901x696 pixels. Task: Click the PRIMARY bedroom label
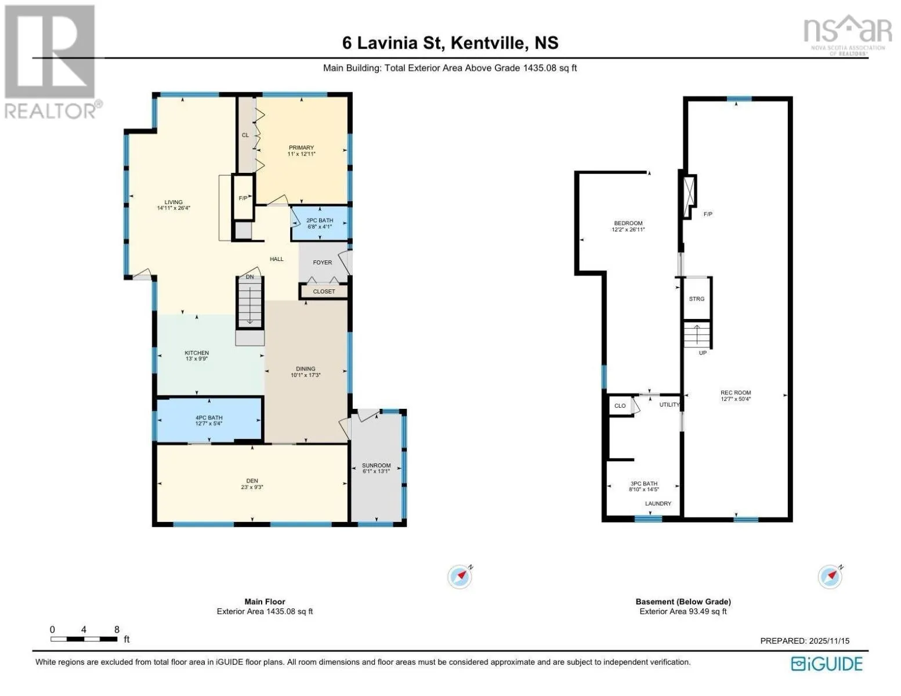[x=302, y=147]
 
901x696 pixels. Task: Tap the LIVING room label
[x=173, y=202]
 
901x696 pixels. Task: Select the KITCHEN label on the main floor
[x=197, y=353]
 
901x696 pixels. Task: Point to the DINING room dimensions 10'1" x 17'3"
[x=306, y=375]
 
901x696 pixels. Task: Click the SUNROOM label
[x=376, y=466]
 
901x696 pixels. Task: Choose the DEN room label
[x=252, y=481]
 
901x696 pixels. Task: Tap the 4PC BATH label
[x=209, y=418]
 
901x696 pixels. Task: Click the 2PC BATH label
[x=320, y=220]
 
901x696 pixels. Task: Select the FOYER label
[x=322, y=262]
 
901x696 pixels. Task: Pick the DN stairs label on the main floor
[x=249, y=277]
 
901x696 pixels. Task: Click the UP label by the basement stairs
[x=703, y=353]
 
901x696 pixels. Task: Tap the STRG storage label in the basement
[x=697, y=299]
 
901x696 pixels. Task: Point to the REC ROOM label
[x=736, y=393]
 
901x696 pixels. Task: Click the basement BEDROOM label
[x=628, y=223]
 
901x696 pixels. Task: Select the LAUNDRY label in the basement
[x=658, y=503]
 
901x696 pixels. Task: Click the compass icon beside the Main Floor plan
[x=460, y=576]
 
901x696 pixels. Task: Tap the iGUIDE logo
[x=827, y=664]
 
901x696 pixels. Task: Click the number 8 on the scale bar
[x=117, y=629]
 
